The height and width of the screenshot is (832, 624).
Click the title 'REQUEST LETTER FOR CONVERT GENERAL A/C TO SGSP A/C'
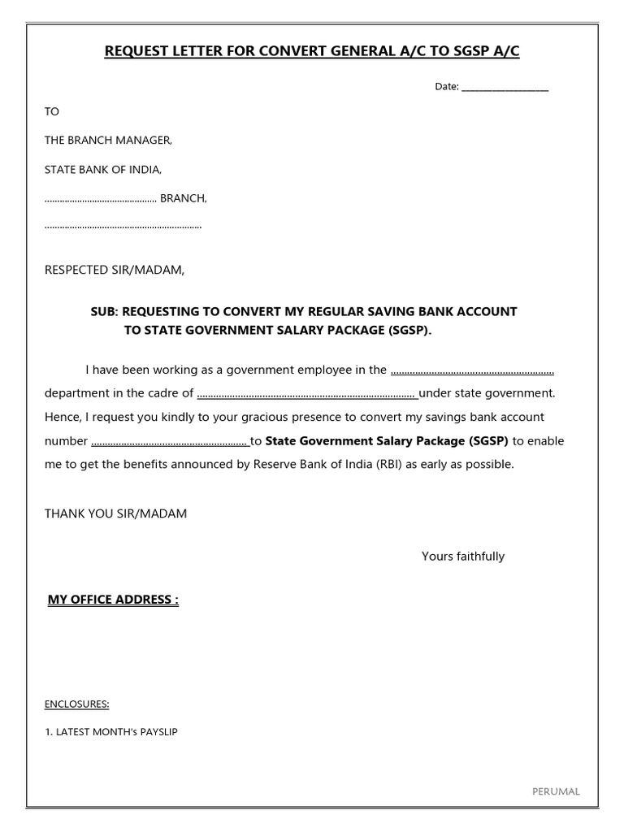[x=312, y=52]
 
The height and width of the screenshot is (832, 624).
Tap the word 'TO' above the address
[x=52, y=111]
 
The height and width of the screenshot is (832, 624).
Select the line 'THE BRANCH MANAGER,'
[x=108, y=141]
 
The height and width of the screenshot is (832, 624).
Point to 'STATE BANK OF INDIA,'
[x=103, y=170]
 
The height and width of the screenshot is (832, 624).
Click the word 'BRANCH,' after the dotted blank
[x=184, y=198]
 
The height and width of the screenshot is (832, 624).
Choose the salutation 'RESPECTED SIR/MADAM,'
[x=115, y=270]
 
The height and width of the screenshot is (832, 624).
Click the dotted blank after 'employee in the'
[x=472, y=371]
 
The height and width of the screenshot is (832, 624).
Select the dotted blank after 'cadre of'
[x=307, y=395]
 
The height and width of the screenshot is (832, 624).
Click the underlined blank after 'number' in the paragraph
[x=170, y=443]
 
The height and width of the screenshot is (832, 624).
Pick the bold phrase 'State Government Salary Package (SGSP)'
[x=387, y=441]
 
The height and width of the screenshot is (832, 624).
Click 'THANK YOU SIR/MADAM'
[x=115, y=513]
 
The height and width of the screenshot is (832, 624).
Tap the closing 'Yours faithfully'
[x=463, y=557]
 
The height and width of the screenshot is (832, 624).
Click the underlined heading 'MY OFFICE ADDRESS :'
[x=113, y=600]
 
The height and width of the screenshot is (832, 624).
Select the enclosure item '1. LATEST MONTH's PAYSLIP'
[x=111, y=732]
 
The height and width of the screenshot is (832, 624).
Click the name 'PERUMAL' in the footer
[x=556, y=791]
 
